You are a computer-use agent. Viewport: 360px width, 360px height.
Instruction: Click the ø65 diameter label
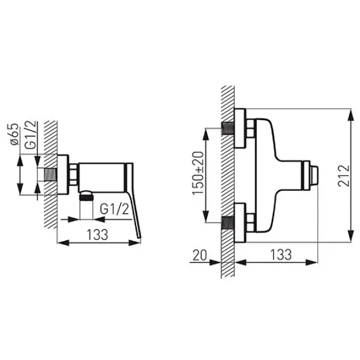tap(14, 134)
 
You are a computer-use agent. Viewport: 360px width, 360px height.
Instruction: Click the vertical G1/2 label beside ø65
tap(31, 135)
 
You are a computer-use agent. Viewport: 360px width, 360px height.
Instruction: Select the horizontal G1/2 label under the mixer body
tap(115, 209)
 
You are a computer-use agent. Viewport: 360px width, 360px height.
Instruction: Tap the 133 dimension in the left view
tap(97, 235)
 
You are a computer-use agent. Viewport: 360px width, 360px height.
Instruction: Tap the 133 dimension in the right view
tap(281, 254)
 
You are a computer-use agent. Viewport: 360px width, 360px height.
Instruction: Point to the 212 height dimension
tap(344, 175)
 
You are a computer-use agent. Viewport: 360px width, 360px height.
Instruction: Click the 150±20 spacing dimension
tap(198, 173)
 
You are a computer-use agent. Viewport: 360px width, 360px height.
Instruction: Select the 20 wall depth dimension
tap(200, 255)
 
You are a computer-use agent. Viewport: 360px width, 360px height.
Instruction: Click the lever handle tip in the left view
tap(139, 237)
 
